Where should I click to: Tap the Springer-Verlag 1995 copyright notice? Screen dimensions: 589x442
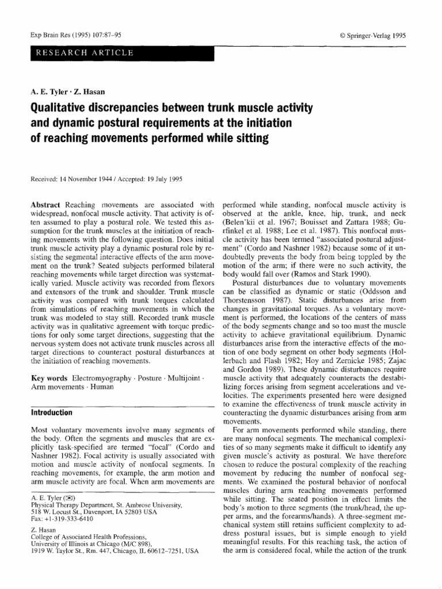(x=374, y=35)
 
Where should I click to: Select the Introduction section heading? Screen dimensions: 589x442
(x=51, y=412)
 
